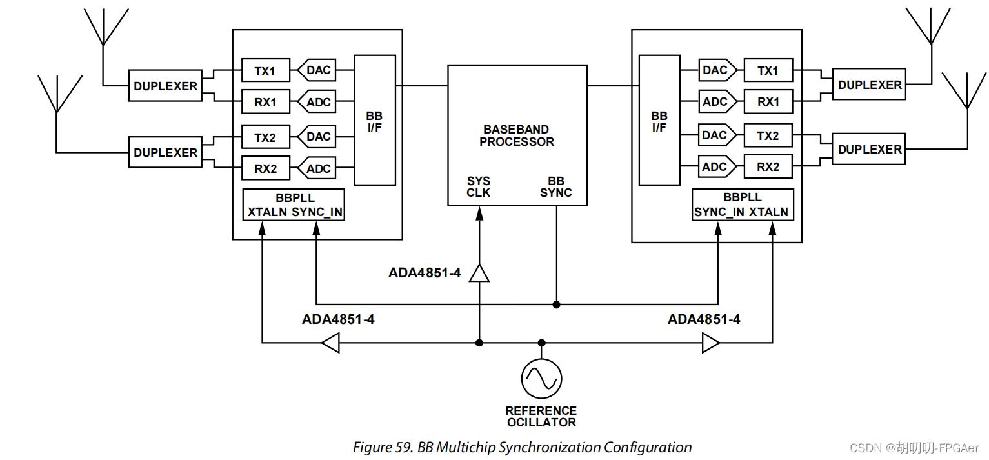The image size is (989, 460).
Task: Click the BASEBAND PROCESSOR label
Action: pos(517,135)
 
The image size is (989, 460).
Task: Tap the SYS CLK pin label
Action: pos(478,187)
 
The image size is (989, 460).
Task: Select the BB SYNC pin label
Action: pos(555,187)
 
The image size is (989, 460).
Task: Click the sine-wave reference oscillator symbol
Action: pos(541,379)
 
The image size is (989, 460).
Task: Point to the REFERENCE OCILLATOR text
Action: pos(541,416)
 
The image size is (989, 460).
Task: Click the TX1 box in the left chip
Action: pos(265,71)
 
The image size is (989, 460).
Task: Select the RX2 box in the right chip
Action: pos(768,166)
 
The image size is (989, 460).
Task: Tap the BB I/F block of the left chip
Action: pos(374,121)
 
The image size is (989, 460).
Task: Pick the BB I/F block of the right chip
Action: pos(659,121)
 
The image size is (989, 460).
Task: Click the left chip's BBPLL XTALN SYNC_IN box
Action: pos(294,205)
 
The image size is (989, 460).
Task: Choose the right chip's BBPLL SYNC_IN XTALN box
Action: pos(741,205)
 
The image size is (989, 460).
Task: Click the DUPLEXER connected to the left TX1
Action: pos(165,86)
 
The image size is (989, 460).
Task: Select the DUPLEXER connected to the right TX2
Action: pos(870,149)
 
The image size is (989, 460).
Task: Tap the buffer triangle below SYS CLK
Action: pos(479,274)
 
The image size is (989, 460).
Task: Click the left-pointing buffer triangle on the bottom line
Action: pos(330,343)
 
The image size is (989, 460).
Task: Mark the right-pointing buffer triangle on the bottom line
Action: pos(710,343)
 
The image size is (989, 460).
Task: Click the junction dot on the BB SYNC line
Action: pos(556,304)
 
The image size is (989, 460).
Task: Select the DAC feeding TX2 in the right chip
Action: pos(715,135)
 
